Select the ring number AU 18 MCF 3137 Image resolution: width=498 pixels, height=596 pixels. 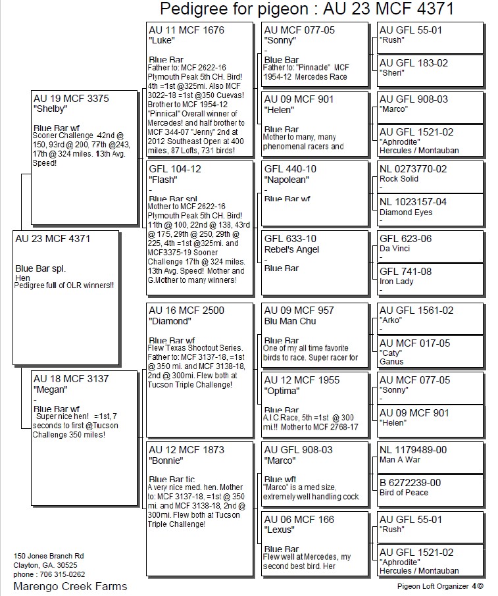(x=71, y=379)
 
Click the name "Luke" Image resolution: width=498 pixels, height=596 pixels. (x=161, y=41)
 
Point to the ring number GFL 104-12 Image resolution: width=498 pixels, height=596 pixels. (x=175, y=168)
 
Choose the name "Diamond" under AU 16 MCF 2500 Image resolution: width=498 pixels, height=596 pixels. (x=169, y=321)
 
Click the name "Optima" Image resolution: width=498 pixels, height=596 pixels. (x=281, y=391)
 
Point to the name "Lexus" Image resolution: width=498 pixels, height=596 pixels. (x=279, y=530)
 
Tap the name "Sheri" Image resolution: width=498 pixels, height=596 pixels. (x=393, y=74)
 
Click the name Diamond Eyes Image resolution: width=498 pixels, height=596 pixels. (x=406, y=212)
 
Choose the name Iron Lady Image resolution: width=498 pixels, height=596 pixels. (x=397, y=282)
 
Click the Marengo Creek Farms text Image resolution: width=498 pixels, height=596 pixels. (x=70, y=586)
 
